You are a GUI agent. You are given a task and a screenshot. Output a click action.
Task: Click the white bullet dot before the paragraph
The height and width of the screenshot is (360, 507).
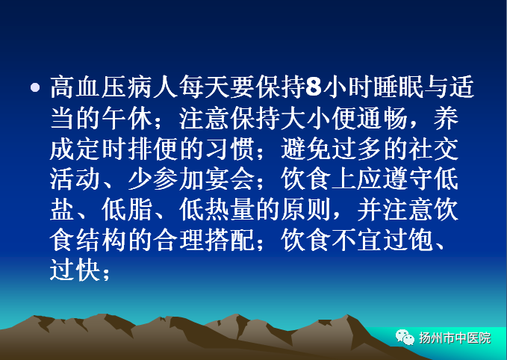pyautogui.click(x=35, y=87)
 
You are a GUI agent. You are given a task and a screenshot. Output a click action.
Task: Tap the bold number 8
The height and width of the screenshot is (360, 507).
pyautogui.click(x=314, y=87)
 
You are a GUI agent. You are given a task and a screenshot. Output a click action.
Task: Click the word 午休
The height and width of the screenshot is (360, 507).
pyautogui.click(x=127, y=117)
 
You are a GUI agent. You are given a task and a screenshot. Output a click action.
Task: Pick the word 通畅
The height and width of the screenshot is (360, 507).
pyautogui.click(x=382, y=117)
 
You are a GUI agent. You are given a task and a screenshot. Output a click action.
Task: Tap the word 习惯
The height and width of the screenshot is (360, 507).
pyautogui.click(x=229, y=149)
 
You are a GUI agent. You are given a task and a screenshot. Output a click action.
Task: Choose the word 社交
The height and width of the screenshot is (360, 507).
pyautogui.click(x=434, y=149)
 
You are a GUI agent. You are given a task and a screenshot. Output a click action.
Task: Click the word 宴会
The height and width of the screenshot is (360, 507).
pyautogui.click(x=229, y=179)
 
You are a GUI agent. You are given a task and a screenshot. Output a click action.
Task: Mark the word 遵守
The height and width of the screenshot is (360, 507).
pyautogui.click(x=408, y=179)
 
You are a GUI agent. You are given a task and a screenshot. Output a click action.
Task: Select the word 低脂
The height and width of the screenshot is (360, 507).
pyautogui.click(x=127, y=210)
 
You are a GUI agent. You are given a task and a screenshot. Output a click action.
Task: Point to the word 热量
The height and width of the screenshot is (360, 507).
pyautogui.click(x=229, y=210)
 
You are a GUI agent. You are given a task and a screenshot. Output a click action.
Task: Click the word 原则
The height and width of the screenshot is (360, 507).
pyautogui.click(x=305, y=210)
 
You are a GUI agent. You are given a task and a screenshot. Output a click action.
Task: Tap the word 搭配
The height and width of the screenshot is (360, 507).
pyautogui.click(x=229, y=240)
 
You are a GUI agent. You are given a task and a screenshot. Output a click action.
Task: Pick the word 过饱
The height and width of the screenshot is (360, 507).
pyautogui.click(x=408, y=240)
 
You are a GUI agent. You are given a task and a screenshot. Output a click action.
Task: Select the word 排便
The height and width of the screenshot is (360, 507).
pyautogui.click(x=152, y=149)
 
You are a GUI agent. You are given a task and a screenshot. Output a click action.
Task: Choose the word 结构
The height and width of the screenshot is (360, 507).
pyautogui.click(x=101, y=240)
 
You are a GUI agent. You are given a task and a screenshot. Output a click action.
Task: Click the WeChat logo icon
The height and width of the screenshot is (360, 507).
pyautogui.click(x=405, y=338)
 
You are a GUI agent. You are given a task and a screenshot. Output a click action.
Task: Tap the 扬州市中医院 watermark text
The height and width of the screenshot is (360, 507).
pyautogui.click(x=455, y=338)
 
